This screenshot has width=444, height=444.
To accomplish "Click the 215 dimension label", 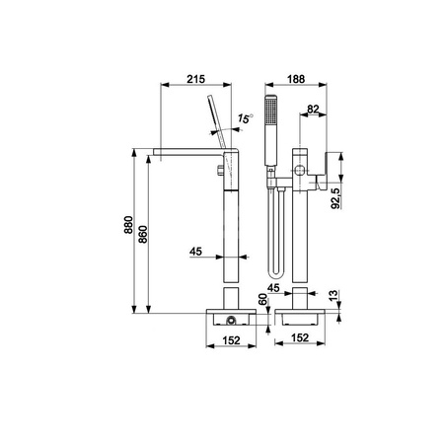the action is [x=195, y=79].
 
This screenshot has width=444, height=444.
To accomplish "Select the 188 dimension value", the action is [x=296, y=79].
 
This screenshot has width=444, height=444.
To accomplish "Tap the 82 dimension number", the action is [x=313, y=109].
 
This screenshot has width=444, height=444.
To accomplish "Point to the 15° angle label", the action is [x=246, y=118].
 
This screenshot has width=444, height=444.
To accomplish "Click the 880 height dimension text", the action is [x=128, y=225].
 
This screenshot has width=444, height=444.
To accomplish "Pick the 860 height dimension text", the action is [x=143, y=234].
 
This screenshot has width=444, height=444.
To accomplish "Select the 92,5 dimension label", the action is [x=335, y=198].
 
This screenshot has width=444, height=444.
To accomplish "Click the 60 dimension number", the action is [x=262, y=300].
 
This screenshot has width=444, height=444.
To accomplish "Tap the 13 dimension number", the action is [x=333, y=295].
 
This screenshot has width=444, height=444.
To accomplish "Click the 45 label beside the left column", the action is [x=195, y=252].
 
